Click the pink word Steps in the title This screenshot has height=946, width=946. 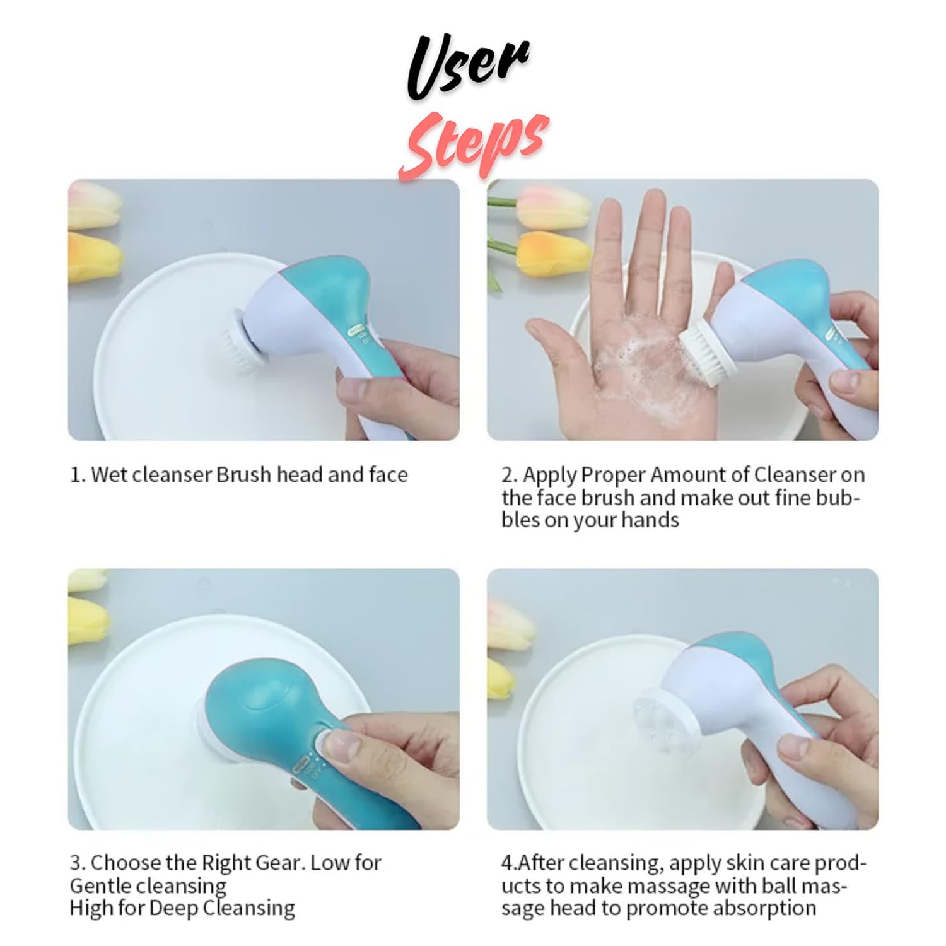[473, 144]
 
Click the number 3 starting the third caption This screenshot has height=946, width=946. [75, 862]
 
